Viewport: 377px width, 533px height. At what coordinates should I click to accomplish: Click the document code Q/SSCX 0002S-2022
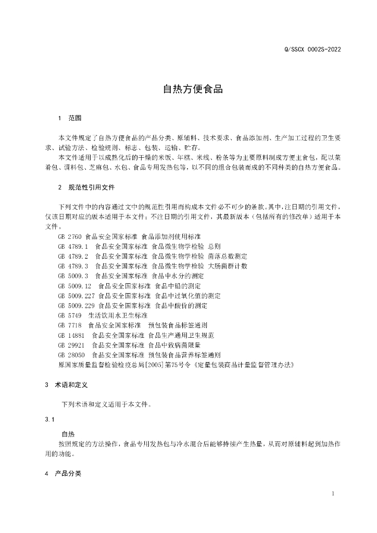coord(313,49)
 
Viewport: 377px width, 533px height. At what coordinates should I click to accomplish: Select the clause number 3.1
coord(50,418)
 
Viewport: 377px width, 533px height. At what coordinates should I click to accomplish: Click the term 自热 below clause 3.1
coord(68,433)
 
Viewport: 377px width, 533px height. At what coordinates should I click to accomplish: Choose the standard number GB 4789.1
coord(73,246)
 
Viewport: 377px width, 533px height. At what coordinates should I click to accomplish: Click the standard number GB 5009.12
coord(75,286)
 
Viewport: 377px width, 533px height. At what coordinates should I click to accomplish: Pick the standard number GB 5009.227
coord(77,296)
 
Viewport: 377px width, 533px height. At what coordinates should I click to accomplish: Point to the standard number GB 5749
coord(70,315)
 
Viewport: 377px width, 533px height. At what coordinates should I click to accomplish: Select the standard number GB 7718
coord(70,325)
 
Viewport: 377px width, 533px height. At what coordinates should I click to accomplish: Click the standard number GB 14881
coord(71,335)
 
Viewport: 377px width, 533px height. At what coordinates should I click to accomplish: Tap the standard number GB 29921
coord(71,345)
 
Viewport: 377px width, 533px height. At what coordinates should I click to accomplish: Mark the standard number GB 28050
coord(71,355)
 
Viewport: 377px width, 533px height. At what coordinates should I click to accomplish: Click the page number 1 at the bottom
coord(333,493)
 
